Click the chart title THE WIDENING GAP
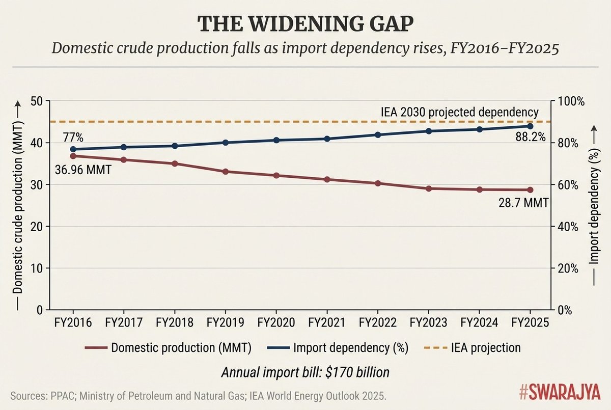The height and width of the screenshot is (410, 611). click(x=305, y=24)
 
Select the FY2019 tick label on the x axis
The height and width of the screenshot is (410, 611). click(x=225, y=323)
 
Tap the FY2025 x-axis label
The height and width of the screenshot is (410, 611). click(x=530, y=323)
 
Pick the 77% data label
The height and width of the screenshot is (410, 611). click(x=73, y=136)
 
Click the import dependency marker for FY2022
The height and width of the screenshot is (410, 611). click(x=378, y=135)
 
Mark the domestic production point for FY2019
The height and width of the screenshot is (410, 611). click(x=225, y=172)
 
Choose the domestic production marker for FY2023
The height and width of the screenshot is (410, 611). click(x=429, y=189)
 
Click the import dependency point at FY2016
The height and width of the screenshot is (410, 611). click(x=73, y=149)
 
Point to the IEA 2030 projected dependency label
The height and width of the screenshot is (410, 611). click(x=459, y=112)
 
